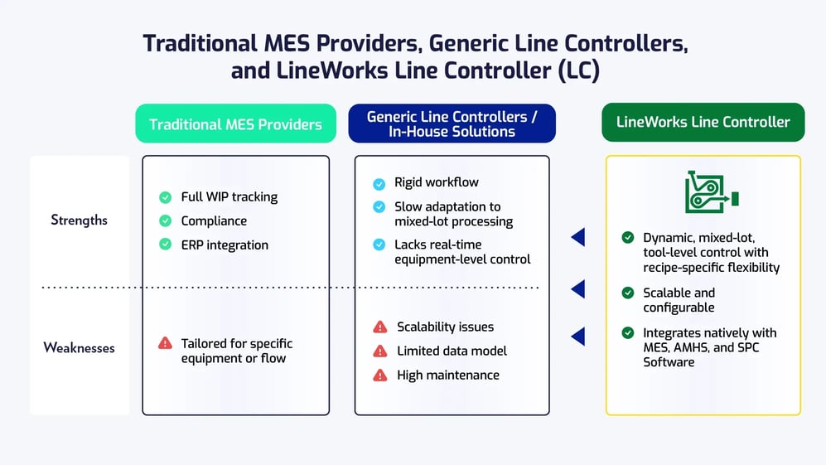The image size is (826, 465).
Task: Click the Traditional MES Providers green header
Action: click(x=235, y=124)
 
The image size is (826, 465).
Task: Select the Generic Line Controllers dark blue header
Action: click(x=452, y=124)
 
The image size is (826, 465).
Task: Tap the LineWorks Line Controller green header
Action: click(x=703, y=123)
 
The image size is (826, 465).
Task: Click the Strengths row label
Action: click(x=79, y=220)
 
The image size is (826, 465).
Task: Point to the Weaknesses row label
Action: click(x=79, y=348)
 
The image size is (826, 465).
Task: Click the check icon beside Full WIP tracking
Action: click(x=166, y=197)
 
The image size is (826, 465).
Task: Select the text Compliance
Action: click(x=214, y=221)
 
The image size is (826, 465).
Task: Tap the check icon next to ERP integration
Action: click(x=166, y=245)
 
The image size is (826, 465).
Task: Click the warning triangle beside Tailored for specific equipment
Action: click(x=166, y=343)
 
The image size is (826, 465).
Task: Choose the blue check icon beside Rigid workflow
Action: click(x=379, y=183)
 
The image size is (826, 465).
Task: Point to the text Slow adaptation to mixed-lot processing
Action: click(x=453, y=214)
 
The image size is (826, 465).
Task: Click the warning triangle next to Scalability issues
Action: click(x=380, y=327)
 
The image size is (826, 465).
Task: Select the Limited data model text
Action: click(x=452, y=351)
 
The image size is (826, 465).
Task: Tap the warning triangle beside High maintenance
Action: click(x=380, y=375)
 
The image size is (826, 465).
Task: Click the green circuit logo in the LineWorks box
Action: click(x=711, y=192)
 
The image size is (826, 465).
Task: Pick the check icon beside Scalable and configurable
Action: click(x=628, y=293)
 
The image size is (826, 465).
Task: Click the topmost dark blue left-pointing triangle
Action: click(x=577, y=238)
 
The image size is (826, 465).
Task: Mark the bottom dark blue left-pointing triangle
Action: click(x=577, y=336)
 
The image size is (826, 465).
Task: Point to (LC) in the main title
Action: click(x=578, y=70)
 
